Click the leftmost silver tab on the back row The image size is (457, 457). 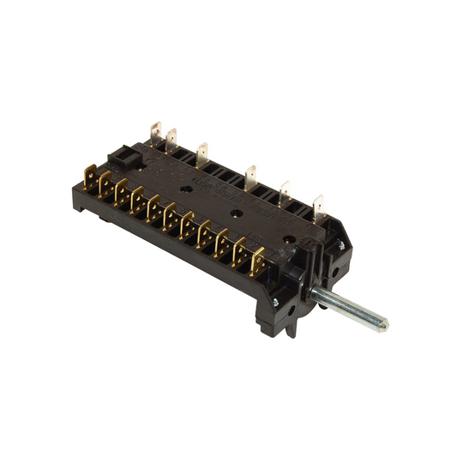[154, 132]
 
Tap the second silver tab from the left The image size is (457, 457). [171, 138]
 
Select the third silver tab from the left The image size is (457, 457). [202, 153]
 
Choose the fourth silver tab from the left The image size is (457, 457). [250, 176]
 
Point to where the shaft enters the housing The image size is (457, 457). [316, 292]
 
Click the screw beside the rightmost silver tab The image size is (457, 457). [340, 245]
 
